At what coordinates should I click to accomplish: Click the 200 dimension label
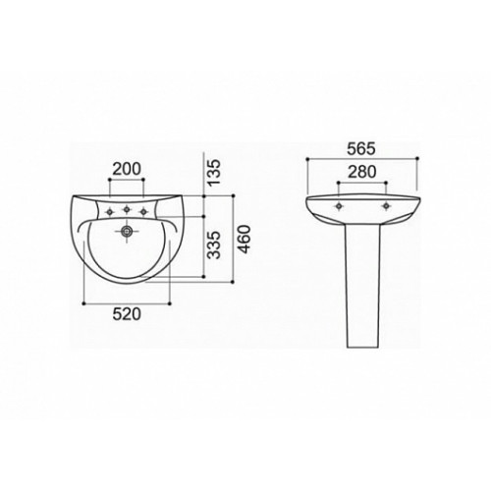tap(127, 169)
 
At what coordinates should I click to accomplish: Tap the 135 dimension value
tap(214, 173)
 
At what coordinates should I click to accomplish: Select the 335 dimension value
tap(214, 245)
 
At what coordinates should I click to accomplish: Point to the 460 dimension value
tap(244, 240)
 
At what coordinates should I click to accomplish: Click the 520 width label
tap(127, 314)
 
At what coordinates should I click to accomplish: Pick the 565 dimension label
tap(361, 149)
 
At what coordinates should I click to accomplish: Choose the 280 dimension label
tap(362, 172)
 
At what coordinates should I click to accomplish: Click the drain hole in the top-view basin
tap(127, 232)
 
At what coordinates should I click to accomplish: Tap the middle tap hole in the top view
tap(127, 209)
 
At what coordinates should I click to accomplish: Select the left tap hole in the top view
tap(110, 212)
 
